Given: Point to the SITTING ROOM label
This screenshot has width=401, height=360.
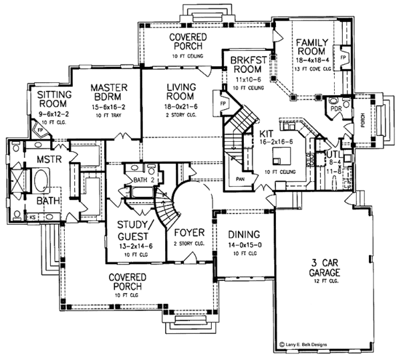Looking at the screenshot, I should (x=55, y=99).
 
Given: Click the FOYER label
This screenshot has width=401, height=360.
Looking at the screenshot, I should (x=188, y=234).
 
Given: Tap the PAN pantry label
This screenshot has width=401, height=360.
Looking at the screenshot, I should (x=240, y=179).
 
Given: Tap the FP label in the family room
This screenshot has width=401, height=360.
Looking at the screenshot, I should (x=343, y=58).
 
